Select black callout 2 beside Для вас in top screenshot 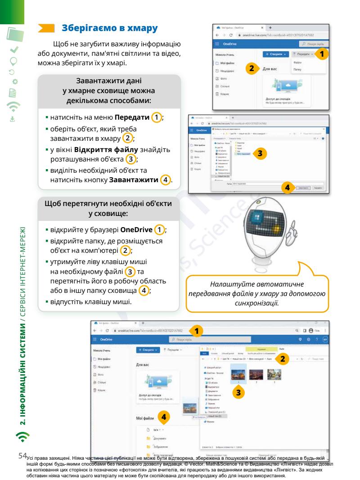coord(252,69)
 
